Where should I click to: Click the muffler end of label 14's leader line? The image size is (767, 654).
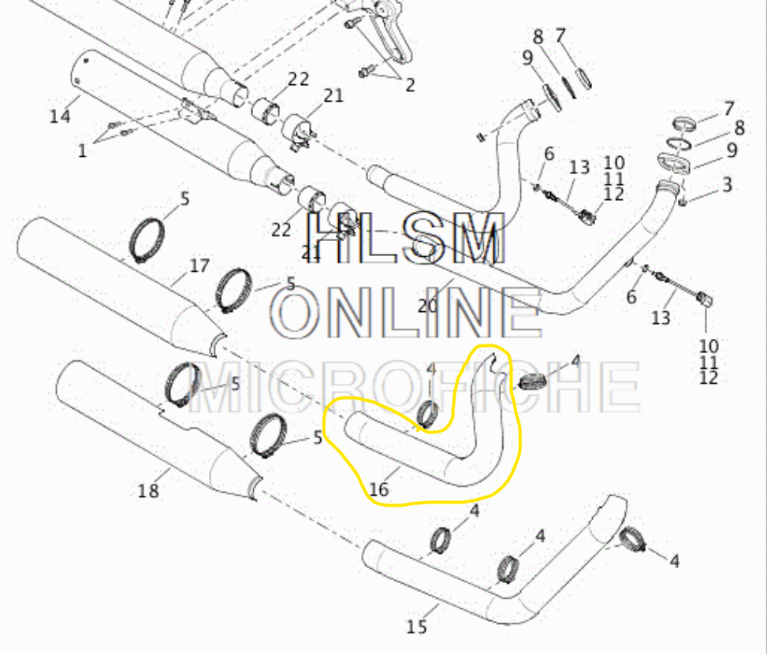[80, 96]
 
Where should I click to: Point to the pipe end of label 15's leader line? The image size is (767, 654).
[439, 605]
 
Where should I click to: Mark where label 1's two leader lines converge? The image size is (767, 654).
[96, 142]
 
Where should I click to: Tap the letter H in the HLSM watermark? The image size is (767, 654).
[330, 238]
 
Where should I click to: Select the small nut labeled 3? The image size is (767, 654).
[683, 200]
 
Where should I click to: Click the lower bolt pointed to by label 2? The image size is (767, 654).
[367, 72]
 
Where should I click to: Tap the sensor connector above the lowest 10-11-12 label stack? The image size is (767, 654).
[706, 299]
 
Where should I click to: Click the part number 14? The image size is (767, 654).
[60, 117]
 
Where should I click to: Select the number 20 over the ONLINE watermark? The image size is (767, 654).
[428, 306]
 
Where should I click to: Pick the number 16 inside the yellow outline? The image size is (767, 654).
[379, 489]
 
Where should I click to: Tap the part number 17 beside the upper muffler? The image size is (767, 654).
[199, 266]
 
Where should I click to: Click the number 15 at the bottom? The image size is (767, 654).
[417, 626]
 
